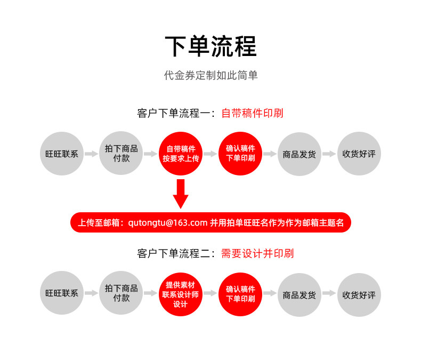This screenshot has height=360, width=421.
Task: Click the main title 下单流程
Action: click(x=210, y=46)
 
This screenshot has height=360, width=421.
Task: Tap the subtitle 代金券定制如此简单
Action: click(x=210, y=76)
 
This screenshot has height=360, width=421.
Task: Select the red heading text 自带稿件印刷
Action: click(x=252, y=113)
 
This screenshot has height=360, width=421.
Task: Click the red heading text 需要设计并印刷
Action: click(x=257, y=253)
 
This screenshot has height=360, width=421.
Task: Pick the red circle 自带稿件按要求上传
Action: click(x=181, y=154)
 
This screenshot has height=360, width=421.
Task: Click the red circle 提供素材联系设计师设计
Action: click(x=181, y=293)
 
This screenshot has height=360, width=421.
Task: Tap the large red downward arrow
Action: click(x=181, y=194)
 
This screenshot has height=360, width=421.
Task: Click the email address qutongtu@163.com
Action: click(x=168, y=222)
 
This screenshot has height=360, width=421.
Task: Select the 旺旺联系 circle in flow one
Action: click(x=62, y=154)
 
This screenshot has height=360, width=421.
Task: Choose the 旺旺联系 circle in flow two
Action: click(x=62, y=293)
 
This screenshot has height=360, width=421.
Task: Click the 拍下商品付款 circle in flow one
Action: click(x=122, y=154)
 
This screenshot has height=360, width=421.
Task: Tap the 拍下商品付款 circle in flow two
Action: click(x=122, y=293)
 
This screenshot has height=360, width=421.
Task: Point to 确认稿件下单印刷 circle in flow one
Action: click(x=240, y=154)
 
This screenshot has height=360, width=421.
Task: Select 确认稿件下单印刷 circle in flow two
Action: click(x=240, y=293)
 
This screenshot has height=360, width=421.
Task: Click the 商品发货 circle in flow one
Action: click(x=299, y=154)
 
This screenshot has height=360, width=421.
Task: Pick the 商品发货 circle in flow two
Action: click(x=299, y=293)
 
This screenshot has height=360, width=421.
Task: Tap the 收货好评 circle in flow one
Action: click(x=359, y=154)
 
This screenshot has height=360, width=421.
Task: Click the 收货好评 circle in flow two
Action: click(x=359, y=293)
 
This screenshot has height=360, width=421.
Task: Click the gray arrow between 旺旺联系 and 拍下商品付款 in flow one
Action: click(x=92, y=154)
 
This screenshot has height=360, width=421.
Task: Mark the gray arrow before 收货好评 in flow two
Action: click(x=329, y=293)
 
